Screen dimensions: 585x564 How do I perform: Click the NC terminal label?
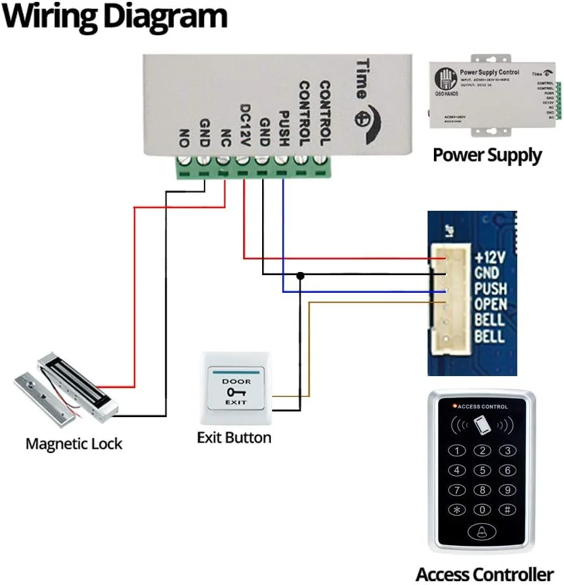[224, 135]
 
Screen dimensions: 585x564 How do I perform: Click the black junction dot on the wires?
[301, 276]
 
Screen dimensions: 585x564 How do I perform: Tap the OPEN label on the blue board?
[490, 304]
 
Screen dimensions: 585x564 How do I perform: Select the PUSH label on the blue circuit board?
[490, 288]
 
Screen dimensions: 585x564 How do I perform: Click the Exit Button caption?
[234, 437]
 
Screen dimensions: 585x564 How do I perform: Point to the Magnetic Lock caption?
[74, 444]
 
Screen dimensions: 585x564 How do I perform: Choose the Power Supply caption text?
[487, 155]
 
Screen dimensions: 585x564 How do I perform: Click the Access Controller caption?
[484, 574]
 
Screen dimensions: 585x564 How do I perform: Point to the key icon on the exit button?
[233, 392]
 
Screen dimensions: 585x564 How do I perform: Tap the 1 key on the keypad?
[457, 451]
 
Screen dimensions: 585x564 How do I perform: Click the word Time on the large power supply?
[363, 80]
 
